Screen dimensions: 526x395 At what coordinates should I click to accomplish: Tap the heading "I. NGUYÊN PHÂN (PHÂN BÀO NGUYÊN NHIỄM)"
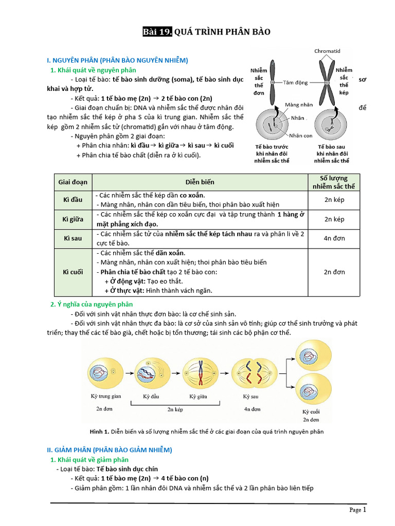(x=117, y=60)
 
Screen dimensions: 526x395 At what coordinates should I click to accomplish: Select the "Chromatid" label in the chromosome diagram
(x=328, y=51)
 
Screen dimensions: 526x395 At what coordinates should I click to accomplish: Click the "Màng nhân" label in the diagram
(x=299, y=105)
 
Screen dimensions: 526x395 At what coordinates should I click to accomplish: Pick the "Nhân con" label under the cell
(x=301, y=136)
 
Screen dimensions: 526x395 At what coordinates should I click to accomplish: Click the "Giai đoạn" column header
(x=73, y=182)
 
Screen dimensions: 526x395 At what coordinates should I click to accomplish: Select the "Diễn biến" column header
(x=200, y=182)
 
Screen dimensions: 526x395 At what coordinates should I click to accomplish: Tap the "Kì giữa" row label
(x=73, y=219)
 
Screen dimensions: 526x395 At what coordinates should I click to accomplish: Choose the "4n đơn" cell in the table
(x=334, y=238)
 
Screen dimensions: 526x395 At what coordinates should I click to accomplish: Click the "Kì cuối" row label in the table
(x=73, y=272)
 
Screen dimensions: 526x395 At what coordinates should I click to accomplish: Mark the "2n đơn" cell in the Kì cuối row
(x=334, y=272)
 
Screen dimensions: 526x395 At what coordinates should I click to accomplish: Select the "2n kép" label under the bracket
(x=176, y=410)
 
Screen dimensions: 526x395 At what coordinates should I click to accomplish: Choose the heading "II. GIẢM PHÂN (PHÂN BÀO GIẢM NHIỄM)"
(x=109, y=449)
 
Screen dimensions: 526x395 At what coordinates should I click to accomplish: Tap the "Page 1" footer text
(x=357, y=510)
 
